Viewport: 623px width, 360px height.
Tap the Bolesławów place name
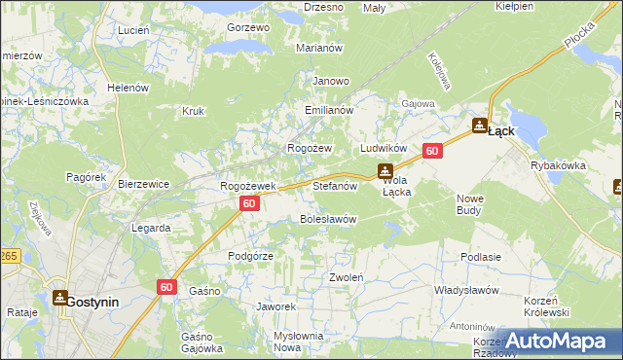[x=327, y=219]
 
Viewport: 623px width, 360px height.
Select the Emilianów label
[x=327, y=111]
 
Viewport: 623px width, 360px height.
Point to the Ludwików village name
[x=383, y=148]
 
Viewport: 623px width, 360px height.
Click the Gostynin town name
[x=92, y=302]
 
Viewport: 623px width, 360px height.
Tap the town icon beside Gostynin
[x=57, y=301]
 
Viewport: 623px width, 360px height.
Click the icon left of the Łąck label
[x=479, y=126]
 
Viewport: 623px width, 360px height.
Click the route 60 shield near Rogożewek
[x=249, y=203]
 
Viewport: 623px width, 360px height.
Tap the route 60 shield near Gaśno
[x=166, y=286]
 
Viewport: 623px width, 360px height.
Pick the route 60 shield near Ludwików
[x=433, y=151]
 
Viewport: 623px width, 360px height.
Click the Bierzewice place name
[x=143, y=184]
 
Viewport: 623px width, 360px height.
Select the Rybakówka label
[x=558, y=165]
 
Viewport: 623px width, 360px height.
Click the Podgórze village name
[x=250, y=255]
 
